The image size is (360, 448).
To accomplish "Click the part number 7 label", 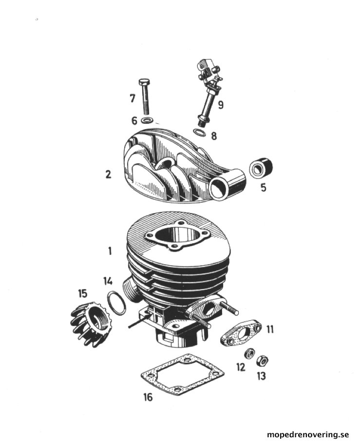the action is tap(132, 98).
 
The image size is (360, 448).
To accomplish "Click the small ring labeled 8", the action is tap(199, 133).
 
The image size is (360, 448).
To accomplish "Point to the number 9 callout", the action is tap(221, 105).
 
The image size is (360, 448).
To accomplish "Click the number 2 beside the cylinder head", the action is tap(108, 175).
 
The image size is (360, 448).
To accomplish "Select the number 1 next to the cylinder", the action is tap(110, 252).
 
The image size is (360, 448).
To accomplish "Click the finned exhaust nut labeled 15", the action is tap(91, 325).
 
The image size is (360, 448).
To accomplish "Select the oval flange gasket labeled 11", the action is tap(241, 333).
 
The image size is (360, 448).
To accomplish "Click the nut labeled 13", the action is tap(262, 361).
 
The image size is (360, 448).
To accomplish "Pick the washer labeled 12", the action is tap(249, 354).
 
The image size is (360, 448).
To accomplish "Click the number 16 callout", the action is tap(148, 397).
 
